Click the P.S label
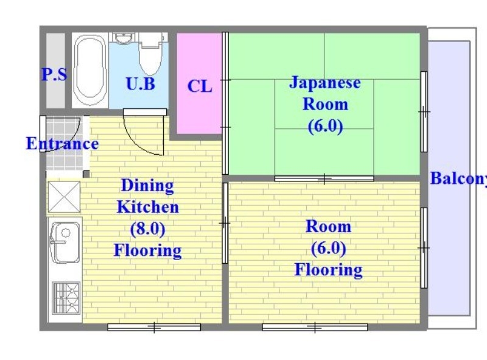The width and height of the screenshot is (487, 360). point(54,75)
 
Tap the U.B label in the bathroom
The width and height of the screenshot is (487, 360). point(140,83)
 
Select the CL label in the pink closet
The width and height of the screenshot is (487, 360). point(200,86)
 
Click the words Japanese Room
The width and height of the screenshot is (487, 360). point(325,93)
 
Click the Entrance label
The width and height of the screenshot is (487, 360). point(61,144)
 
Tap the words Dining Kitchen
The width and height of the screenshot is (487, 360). point(148,196)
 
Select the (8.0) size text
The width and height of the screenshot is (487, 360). point(148,228)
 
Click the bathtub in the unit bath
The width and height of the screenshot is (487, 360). point(89,70)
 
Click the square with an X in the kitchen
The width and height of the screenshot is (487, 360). point(64,197)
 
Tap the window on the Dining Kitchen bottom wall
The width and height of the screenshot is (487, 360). point(154,328)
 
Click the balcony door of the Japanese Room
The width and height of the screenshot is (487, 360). point(424,111)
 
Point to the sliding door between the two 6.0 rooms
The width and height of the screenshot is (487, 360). point(324,178)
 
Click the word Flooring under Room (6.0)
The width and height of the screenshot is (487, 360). point(328,269)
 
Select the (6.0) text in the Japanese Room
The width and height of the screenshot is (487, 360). point(325,127)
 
